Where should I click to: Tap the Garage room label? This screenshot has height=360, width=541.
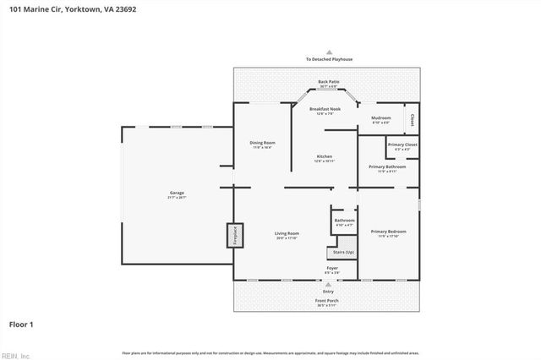pyautogui.click(x=177, y=194)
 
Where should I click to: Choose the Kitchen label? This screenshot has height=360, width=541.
pyautogui.click(x=325, y=158)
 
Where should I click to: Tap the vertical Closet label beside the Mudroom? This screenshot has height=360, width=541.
pyautogui.click(x=412, y=120)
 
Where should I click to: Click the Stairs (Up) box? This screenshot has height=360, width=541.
pyautogui.click(x=341, y=253)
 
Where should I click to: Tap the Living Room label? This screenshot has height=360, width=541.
pyautogui.click(x=287, y=234)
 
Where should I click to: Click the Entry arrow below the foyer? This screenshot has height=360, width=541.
pyautogui.click(x=328, y=286)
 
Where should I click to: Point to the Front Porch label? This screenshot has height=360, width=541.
pyautogui.click(x=328, y=302)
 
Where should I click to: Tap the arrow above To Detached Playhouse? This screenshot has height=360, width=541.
pyautogui.click(x=330, y=52)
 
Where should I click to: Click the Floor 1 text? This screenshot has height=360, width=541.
pyautogui.click(x=21, y=324)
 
